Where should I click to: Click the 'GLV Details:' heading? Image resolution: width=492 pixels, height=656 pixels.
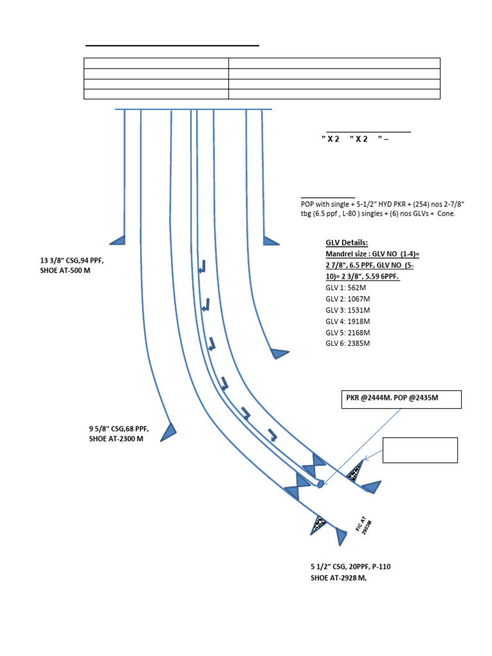click(x=347, y=243)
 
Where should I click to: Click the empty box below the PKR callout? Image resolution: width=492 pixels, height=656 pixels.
click(x=420, y=450)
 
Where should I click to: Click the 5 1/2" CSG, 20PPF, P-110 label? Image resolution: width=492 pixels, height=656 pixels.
click(x=355, y=567)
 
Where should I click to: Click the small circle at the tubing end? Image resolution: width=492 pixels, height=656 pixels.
click(x=320, y=484)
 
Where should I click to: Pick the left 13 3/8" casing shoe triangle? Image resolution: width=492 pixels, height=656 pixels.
click(x=119, y=240)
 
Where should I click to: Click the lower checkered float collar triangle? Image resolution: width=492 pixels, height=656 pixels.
click(x=319, y=525)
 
